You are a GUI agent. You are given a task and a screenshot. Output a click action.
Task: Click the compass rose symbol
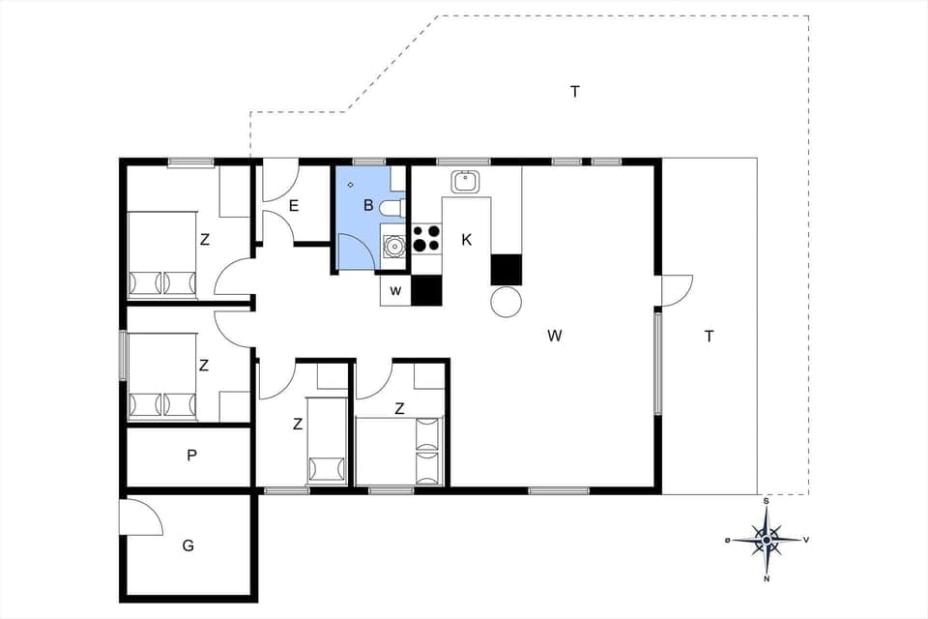767,540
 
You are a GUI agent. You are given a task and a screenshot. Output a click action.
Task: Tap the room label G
188,545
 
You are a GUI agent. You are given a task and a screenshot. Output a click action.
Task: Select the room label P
192,456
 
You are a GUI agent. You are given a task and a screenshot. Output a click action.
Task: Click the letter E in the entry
293,205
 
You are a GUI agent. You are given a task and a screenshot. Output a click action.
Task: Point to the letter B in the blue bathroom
368,205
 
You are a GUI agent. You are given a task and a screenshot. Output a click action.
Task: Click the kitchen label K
466,239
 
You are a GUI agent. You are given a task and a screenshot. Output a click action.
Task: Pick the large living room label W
554,336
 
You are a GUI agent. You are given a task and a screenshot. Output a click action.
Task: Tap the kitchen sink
466,181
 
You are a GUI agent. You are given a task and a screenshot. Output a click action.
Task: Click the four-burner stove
426,238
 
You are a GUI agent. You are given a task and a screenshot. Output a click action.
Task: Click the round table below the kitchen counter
507,302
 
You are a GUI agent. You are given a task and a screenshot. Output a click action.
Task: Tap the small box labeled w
395,291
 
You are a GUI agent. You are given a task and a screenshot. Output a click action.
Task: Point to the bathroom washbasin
393,246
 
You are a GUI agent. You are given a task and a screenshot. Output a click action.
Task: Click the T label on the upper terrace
575,92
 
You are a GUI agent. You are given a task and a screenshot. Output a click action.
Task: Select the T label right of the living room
710,337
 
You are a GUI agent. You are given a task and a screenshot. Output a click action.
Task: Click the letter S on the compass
767,502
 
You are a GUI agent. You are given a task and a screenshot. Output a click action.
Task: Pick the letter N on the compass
767,579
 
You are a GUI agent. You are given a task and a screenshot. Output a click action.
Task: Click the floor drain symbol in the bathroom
351,184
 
